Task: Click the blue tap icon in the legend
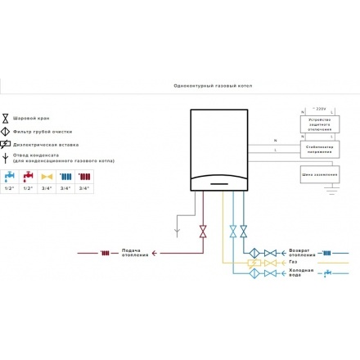coord(9,176)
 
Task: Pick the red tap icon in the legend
coord(29,176)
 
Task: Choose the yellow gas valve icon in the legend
coord(47,176)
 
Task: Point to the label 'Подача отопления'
coord(135,253)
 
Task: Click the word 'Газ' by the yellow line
coord(293,263)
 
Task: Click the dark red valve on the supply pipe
coord(203,234)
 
